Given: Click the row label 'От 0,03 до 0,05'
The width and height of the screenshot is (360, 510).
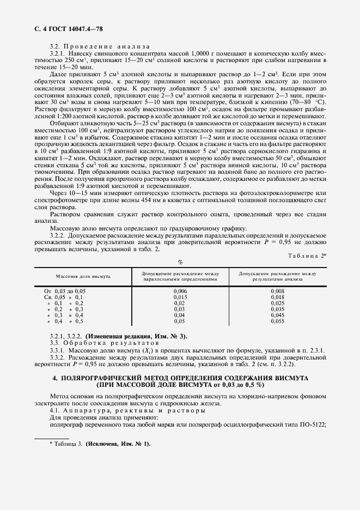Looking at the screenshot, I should click(x=65, y=292).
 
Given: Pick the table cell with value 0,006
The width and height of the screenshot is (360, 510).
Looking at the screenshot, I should click(x=180, y=292).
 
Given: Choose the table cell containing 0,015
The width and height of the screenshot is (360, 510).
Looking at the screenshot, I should click(x=180, y=297).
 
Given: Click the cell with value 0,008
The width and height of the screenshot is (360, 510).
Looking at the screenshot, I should click(x=277, y=292).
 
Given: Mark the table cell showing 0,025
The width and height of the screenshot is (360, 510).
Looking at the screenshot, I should click(x=277, y=303).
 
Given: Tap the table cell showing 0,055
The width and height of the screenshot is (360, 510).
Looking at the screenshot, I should click(x=277, y=321).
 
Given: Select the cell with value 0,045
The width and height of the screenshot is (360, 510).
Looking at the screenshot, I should click(x=277, y=315).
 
